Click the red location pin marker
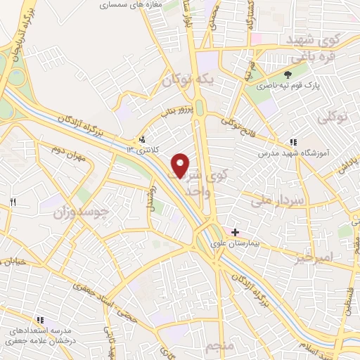click(181, 165)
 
